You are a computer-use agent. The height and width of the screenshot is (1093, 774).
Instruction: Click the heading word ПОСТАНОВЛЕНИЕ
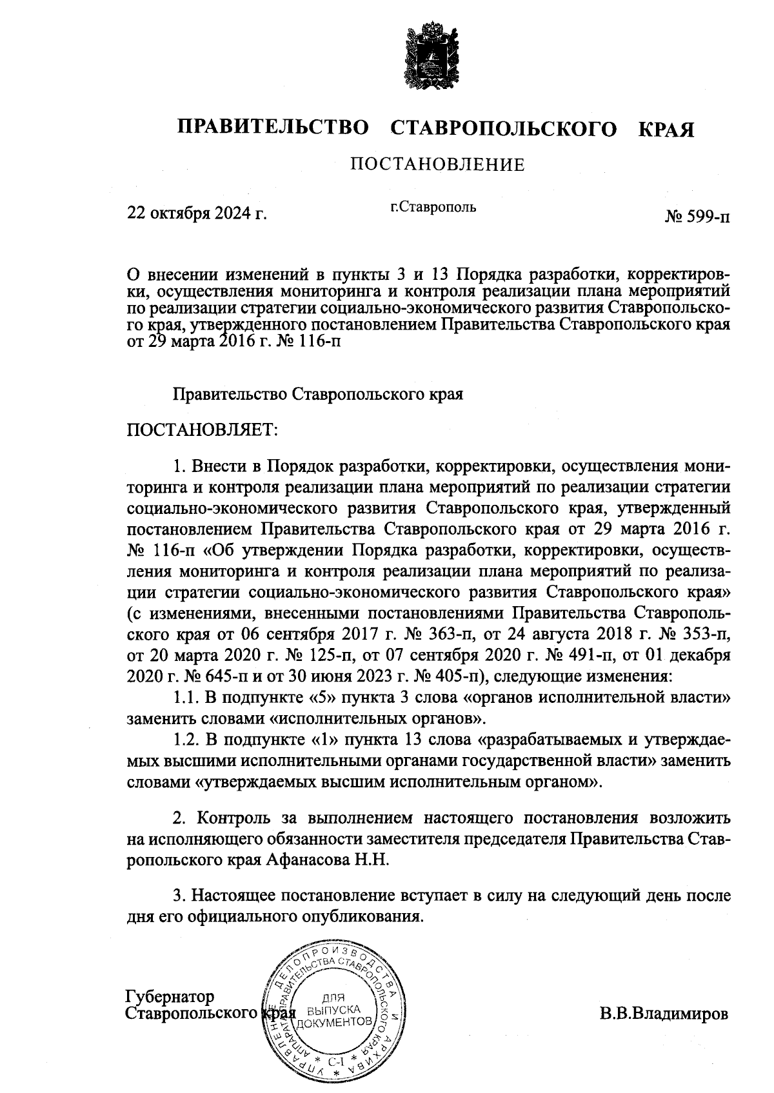[x=437, y=165]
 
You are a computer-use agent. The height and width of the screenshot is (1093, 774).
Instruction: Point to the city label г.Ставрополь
[x=433, y=208]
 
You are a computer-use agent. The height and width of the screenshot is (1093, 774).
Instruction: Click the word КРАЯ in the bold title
[x=666, y=129]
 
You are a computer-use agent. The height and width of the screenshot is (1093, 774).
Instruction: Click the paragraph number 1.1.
[x=185, y=698]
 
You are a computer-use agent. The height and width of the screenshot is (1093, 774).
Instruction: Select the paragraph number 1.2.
[x=185, y=741]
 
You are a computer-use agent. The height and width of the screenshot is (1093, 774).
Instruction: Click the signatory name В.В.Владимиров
[x=664, y=1013]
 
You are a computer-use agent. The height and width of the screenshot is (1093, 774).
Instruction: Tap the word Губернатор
[x=170, y=997]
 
